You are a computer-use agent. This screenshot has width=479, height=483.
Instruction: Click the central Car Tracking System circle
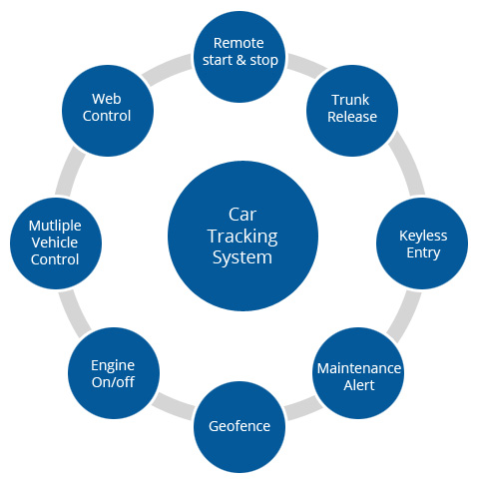(x=242, y=236)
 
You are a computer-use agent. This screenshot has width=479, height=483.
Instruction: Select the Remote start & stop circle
(x=239, y=57)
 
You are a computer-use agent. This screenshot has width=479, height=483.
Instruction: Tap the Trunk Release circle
(x=352, y=111)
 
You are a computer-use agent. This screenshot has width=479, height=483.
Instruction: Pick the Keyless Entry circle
(x=422, y=243)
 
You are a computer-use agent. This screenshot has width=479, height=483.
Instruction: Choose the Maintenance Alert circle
(x=358, y=373)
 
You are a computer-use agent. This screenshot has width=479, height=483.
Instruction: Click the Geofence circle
(x=239, y=427)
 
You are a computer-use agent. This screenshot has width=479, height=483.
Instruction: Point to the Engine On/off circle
(x=114, y=373)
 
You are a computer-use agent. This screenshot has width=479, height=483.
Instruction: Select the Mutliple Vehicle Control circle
(x=56, y=243)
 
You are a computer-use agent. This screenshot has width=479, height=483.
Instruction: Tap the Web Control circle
(x=108, y=111)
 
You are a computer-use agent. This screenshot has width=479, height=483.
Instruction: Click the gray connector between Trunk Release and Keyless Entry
(x=406, y=164)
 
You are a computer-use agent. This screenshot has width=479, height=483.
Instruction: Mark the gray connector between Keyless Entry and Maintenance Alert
(x=404, y=316)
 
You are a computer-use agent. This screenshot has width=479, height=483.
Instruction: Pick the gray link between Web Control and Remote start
(x=168, y=70)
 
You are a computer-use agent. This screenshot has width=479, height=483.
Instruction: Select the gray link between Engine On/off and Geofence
(x=174, y=405)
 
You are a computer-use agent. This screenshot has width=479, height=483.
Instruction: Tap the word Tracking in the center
(x=242, y=237)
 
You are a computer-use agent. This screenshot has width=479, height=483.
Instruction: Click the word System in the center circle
(x=242, y=257)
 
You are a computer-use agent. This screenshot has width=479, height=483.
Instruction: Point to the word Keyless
(x=423, y=236)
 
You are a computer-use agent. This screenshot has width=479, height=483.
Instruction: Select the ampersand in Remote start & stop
(x=241, y=60)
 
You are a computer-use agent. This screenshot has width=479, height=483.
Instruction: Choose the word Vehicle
(x=55, y=242)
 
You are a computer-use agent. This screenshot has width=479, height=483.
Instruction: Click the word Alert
(x=359, y=385)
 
